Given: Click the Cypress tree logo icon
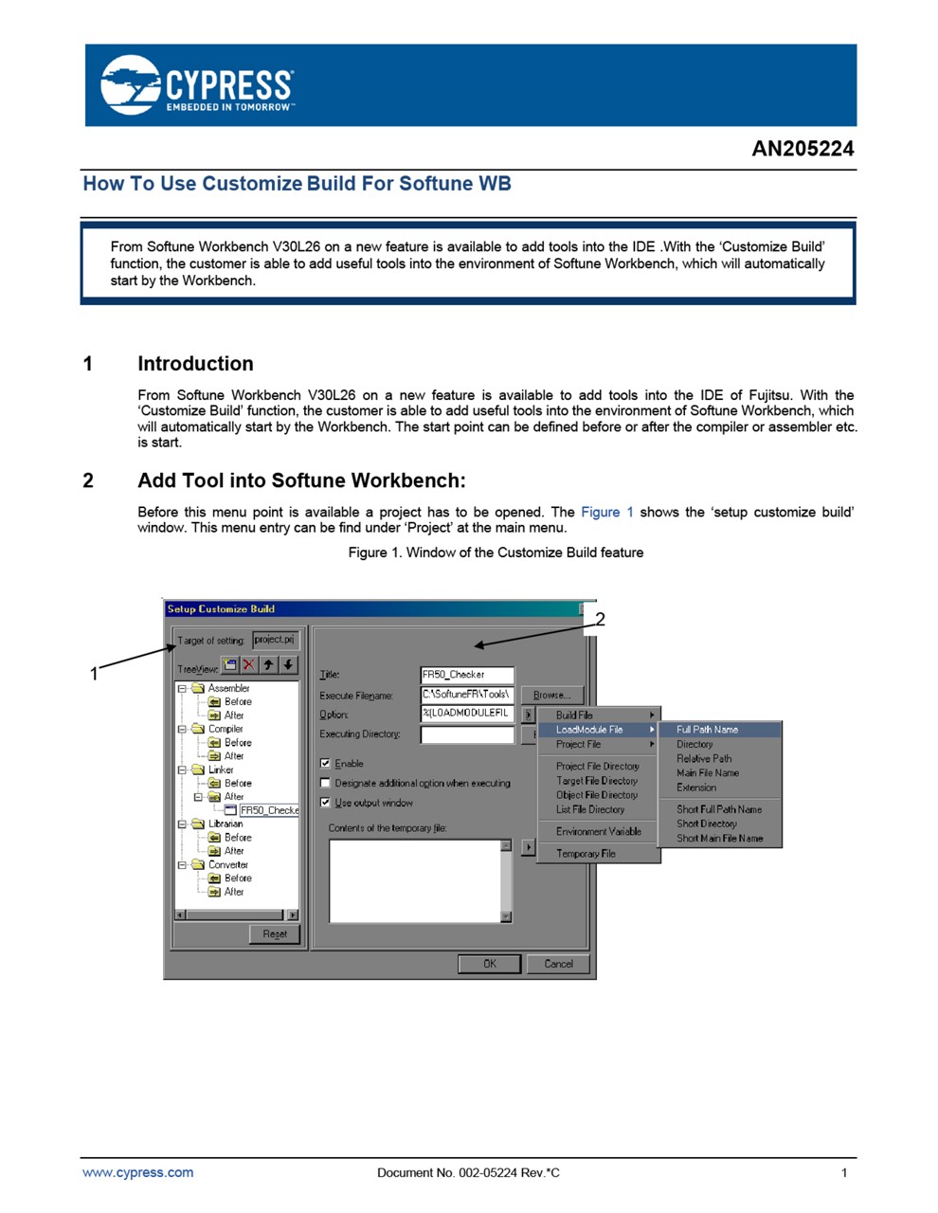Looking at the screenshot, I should pyautogui.click(x=131, y=85).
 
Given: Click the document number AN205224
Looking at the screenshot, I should pyautogui.click(x=802, y=149).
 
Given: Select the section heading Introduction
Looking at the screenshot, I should pyautogui.click(x=195, y=364).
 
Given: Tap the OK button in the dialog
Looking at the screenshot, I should pyautogui.click(x=489, y=964).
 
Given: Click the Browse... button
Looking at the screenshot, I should pyautogui.click(x=551, y=695).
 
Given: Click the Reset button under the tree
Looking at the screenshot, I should pyautogui.click(x=275, y=933).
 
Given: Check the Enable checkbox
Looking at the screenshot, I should pyautogui.click(x=326, y=763).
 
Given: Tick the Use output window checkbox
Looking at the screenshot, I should pyautogui.click(x=326, y=802).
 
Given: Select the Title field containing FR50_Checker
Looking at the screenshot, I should pyautogui.click(x=467, y=675).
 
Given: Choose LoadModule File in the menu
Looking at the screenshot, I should pyautogui.click(x=589, y=730).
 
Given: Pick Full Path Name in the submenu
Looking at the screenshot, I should pyautogui.click(x=707, y=730).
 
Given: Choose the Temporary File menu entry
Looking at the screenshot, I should pyautogui.click(x=586, y=853).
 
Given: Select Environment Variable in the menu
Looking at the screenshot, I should pyautogui.click(x=598, y=831).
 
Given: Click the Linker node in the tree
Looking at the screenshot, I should pyautogui.click(x=221, y=769).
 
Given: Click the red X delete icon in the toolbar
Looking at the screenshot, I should pyautogui.click(x=248, y=665).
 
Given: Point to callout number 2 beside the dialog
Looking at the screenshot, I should pyautogui.click(x=600, y=620).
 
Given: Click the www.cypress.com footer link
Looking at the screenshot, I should pyautogui.click(x=137, y=1172).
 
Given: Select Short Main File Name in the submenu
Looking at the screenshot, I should pyautogui.click(x=719, y=838).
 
